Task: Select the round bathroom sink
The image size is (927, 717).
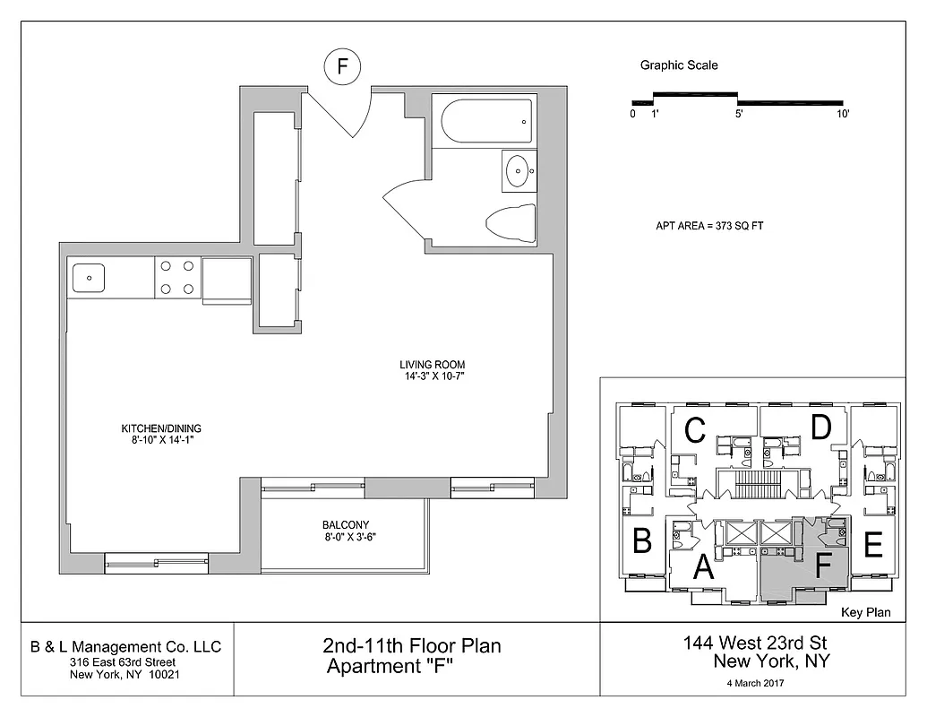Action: pyautogui.click(x=518, y=171)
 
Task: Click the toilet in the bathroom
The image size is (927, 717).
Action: pyautogui.click(x=511, y=222)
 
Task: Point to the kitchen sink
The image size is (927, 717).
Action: pyautogui.click(x=89, y=278)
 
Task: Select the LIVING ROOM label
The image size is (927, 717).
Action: pyautogui.click(x=432, y=365)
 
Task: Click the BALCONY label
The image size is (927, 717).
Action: pyautogui.click(x=345, y=525)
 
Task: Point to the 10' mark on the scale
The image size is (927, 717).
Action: pyautogui.click(x=842, y=114)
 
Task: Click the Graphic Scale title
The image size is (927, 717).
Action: pyautogui.click(x=679, y=65)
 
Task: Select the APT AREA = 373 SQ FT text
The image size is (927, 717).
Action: pyautogui.click(x=708, y=227)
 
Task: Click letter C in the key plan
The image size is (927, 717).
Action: pyautogui.click(x=694, y=430)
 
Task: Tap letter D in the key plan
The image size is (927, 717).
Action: pyautogui.click(x=821, y=428)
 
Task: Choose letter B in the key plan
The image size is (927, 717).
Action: pyautogui.click(x=641, y=541)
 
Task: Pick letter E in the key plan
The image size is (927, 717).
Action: pyautogui.click(x=874, y=543)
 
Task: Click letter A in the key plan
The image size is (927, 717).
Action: pyautogui.click(x=704, y=566)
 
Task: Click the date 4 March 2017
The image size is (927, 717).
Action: pyautogui.click(x=757, y=684)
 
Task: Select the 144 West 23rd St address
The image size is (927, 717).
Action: pyautogui.click(x=757, y=643)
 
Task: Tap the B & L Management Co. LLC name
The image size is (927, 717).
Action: pyautogui.click(x=125, y=647)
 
